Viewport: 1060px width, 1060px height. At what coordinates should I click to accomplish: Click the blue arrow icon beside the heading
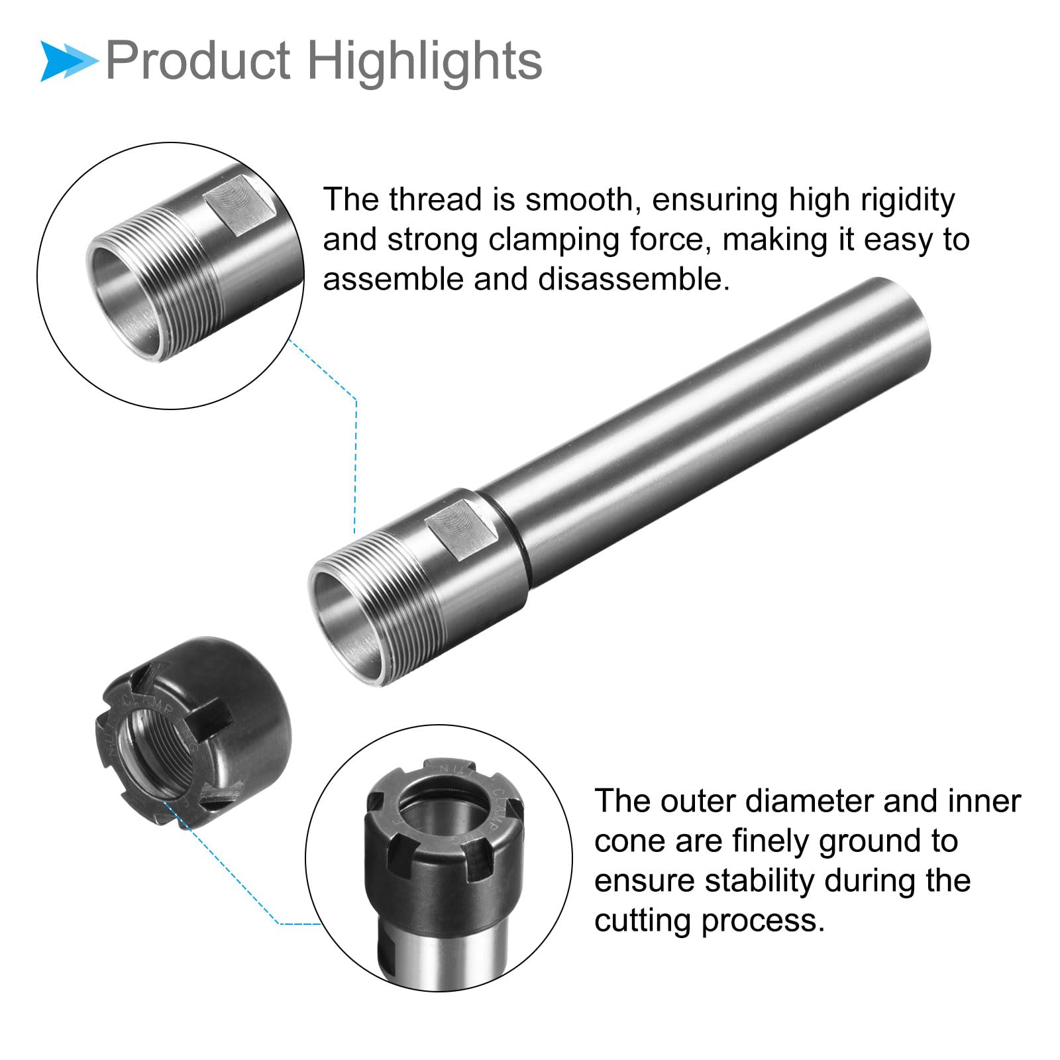pyautogui.click(x=68, y=61)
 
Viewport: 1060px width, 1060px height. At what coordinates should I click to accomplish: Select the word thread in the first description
pyautogui.click(x=435, y=199)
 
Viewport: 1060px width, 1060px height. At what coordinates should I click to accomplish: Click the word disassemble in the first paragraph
pyautogui.click(x=634, y=279)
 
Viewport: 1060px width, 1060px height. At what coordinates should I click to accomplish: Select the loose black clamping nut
pyautogui.click(x=193, y=731)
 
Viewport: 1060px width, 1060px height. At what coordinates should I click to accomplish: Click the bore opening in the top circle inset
pyautogui.click(x=126, y=298)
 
